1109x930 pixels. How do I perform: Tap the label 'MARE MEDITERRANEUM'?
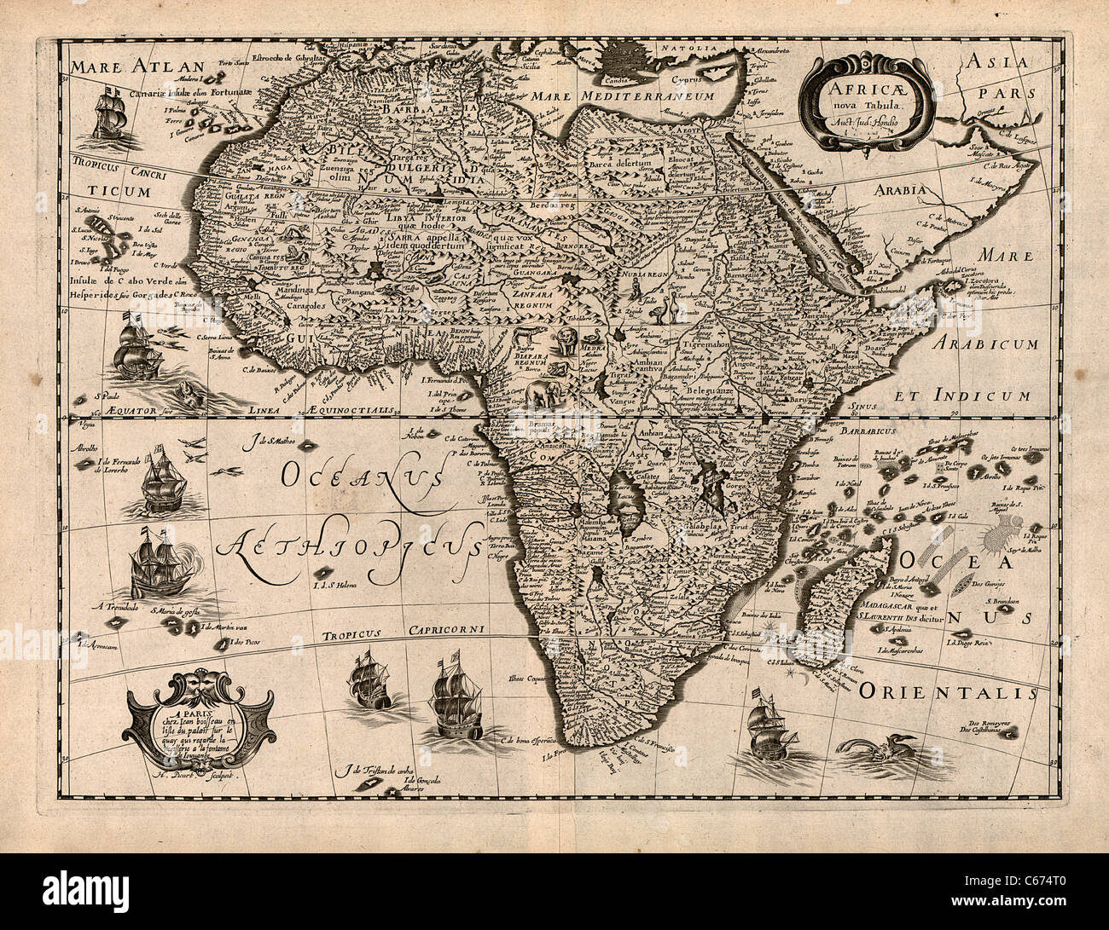(x=609, y=97)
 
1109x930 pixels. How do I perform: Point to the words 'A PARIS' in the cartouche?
(x=189, y=714)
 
